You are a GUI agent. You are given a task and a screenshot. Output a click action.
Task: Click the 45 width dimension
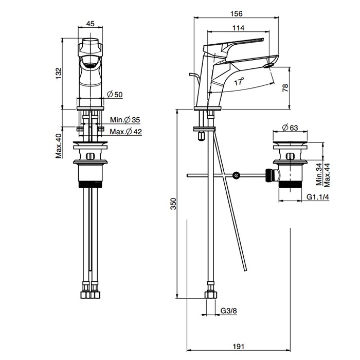coord(90,23)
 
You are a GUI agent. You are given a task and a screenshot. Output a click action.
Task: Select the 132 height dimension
coord(59,73)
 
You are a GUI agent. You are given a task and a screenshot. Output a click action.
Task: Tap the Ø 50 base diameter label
coord(115,95)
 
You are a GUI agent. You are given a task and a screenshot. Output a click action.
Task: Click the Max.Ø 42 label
coord(125,132)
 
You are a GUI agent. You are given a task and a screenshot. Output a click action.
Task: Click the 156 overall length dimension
coord(238,14)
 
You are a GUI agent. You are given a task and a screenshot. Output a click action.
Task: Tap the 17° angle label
coord(238,81)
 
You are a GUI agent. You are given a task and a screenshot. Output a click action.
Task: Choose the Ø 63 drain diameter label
coord(291,128)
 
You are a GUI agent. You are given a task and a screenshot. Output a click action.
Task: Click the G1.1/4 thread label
coord(318,197)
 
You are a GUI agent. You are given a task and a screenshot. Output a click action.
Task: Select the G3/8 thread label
coord(229,311)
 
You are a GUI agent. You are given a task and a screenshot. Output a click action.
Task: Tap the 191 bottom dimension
coord(238,347)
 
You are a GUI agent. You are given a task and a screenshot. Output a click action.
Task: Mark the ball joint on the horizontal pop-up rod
coord(236,175)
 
